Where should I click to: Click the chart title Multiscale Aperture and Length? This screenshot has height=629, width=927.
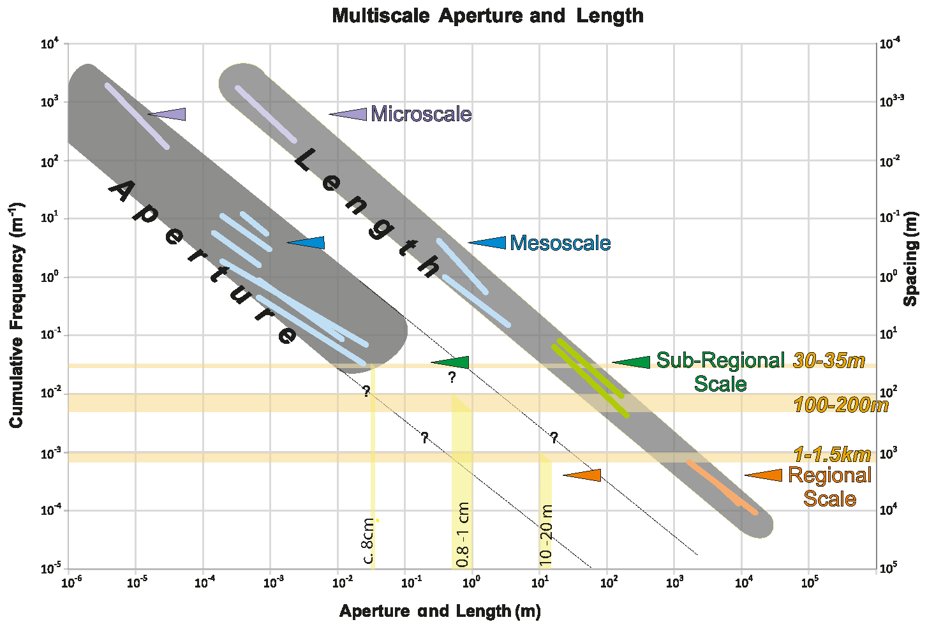coord(487,15)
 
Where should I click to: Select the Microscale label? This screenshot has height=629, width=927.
coord(421,114)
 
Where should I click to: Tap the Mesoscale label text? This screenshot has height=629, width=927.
coord(560,243)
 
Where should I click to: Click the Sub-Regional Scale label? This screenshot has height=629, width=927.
coord(720,372)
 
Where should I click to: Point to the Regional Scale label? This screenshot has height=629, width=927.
coord(829,486)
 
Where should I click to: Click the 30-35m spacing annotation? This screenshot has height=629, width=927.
coord(829,360)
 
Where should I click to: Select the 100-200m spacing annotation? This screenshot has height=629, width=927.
coord(840,404)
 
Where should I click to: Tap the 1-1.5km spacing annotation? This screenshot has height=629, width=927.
coord(832,454)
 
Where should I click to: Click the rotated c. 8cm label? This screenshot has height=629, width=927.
coord(368,542)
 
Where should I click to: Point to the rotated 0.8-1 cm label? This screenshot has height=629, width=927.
coord(464,535)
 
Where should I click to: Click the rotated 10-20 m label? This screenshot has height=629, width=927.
coord(546,535)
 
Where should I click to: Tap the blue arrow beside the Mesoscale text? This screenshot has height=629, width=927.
coord(488,242)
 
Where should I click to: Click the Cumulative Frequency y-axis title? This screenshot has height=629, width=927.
coord(17,315)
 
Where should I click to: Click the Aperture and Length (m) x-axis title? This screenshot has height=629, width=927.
coord(440,611)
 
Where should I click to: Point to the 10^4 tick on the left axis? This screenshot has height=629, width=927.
coord(50,44)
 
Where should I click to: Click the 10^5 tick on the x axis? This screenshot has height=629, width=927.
coord(810,582)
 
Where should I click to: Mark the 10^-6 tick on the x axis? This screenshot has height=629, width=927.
coord(68,582)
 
